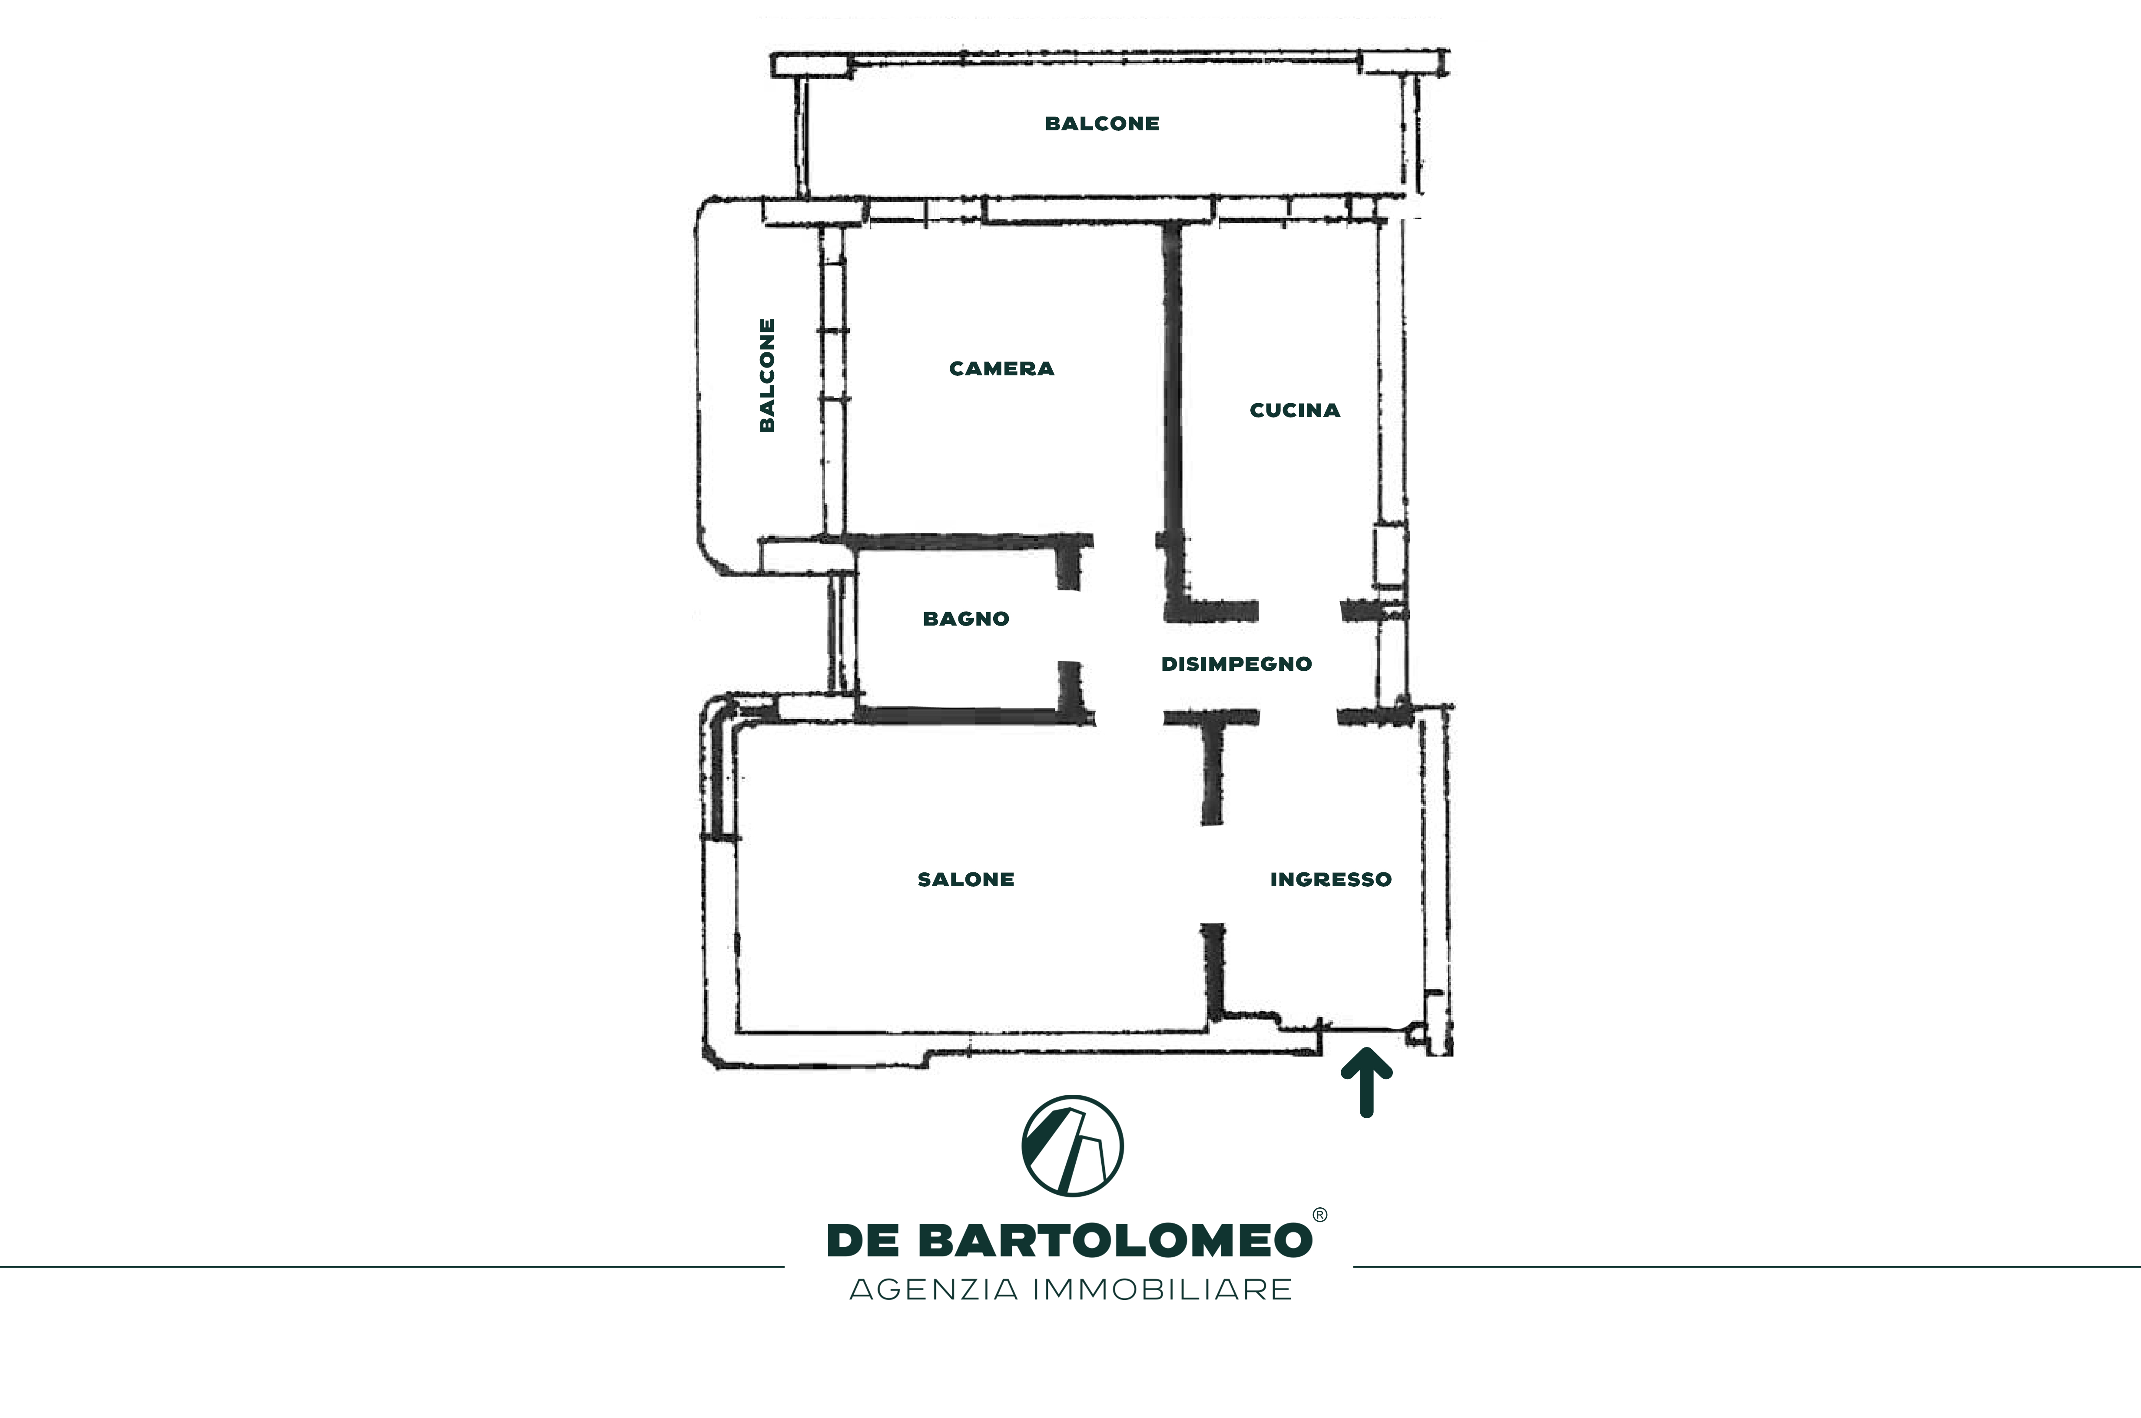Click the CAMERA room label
[x=1001, y=369]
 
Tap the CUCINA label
[x=1295, y=411]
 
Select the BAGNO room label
[x=966, y=620]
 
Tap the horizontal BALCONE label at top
[x=1102, y=124]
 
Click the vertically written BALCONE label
[x=767, y=375]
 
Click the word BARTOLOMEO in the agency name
[x=1115, y=1241]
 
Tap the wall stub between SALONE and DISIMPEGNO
[x=1212, y=769]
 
